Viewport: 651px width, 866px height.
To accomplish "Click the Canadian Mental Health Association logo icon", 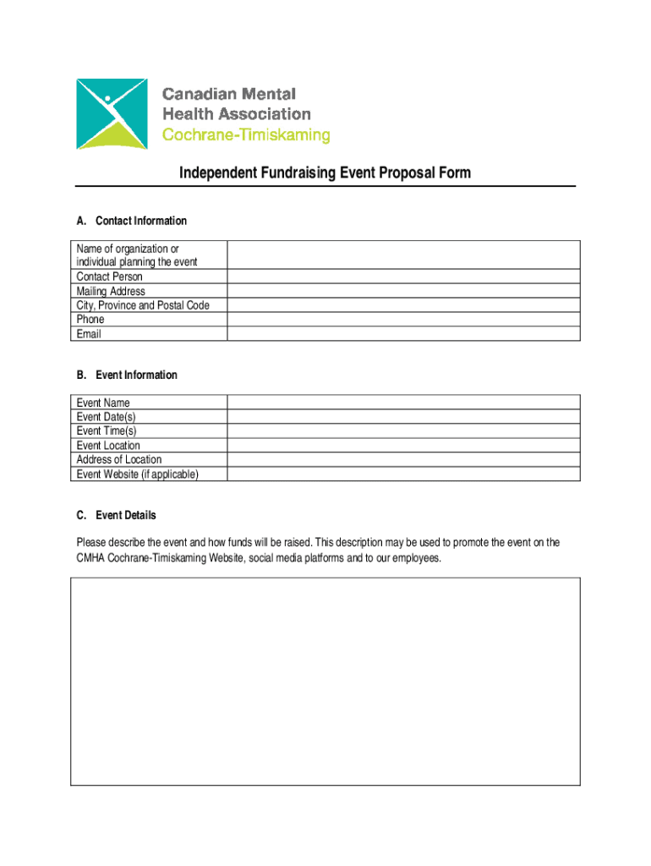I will click(x=112, y=114).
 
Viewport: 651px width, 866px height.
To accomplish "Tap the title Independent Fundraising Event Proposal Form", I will click(x=325, y=173).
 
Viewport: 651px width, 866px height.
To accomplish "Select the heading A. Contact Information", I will click(x=131, y=221).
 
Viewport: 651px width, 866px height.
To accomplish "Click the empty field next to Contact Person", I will click(x=403, y=277).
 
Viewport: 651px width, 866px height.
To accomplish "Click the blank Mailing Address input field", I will click(x=403, y=291).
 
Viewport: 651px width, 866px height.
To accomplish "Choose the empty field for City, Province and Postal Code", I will click(x=403, y=305).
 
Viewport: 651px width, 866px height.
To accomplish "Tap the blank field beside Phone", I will click(x=403, y=320).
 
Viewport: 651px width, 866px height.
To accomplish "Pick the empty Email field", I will click(x=403, y=334).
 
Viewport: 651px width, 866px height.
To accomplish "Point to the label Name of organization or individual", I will click(x=136, y=255).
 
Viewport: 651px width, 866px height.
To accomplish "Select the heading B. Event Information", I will click(x=127, y=375).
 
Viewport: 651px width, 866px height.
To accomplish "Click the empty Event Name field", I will click(x=403, y=403).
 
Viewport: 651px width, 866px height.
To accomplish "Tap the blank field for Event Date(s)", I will click(x=403, y=417).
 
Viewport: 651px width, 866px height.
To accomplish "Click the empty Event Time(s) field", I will click(x=403, y=431).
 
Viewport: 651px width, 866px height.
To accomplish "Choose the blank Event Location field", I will click(x=403, y=446).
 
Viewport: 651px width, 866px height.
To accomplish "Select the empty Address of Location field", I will click(x=403, y=459).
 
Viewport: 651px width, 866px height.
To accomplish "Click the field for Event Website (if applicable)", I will click(x=403, y=474).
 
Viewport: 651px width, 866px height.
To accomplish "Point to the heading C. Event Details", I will click(x=116, y=515).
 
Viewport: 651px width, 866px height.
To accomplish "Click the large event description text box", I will click(x=325, y=682).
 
